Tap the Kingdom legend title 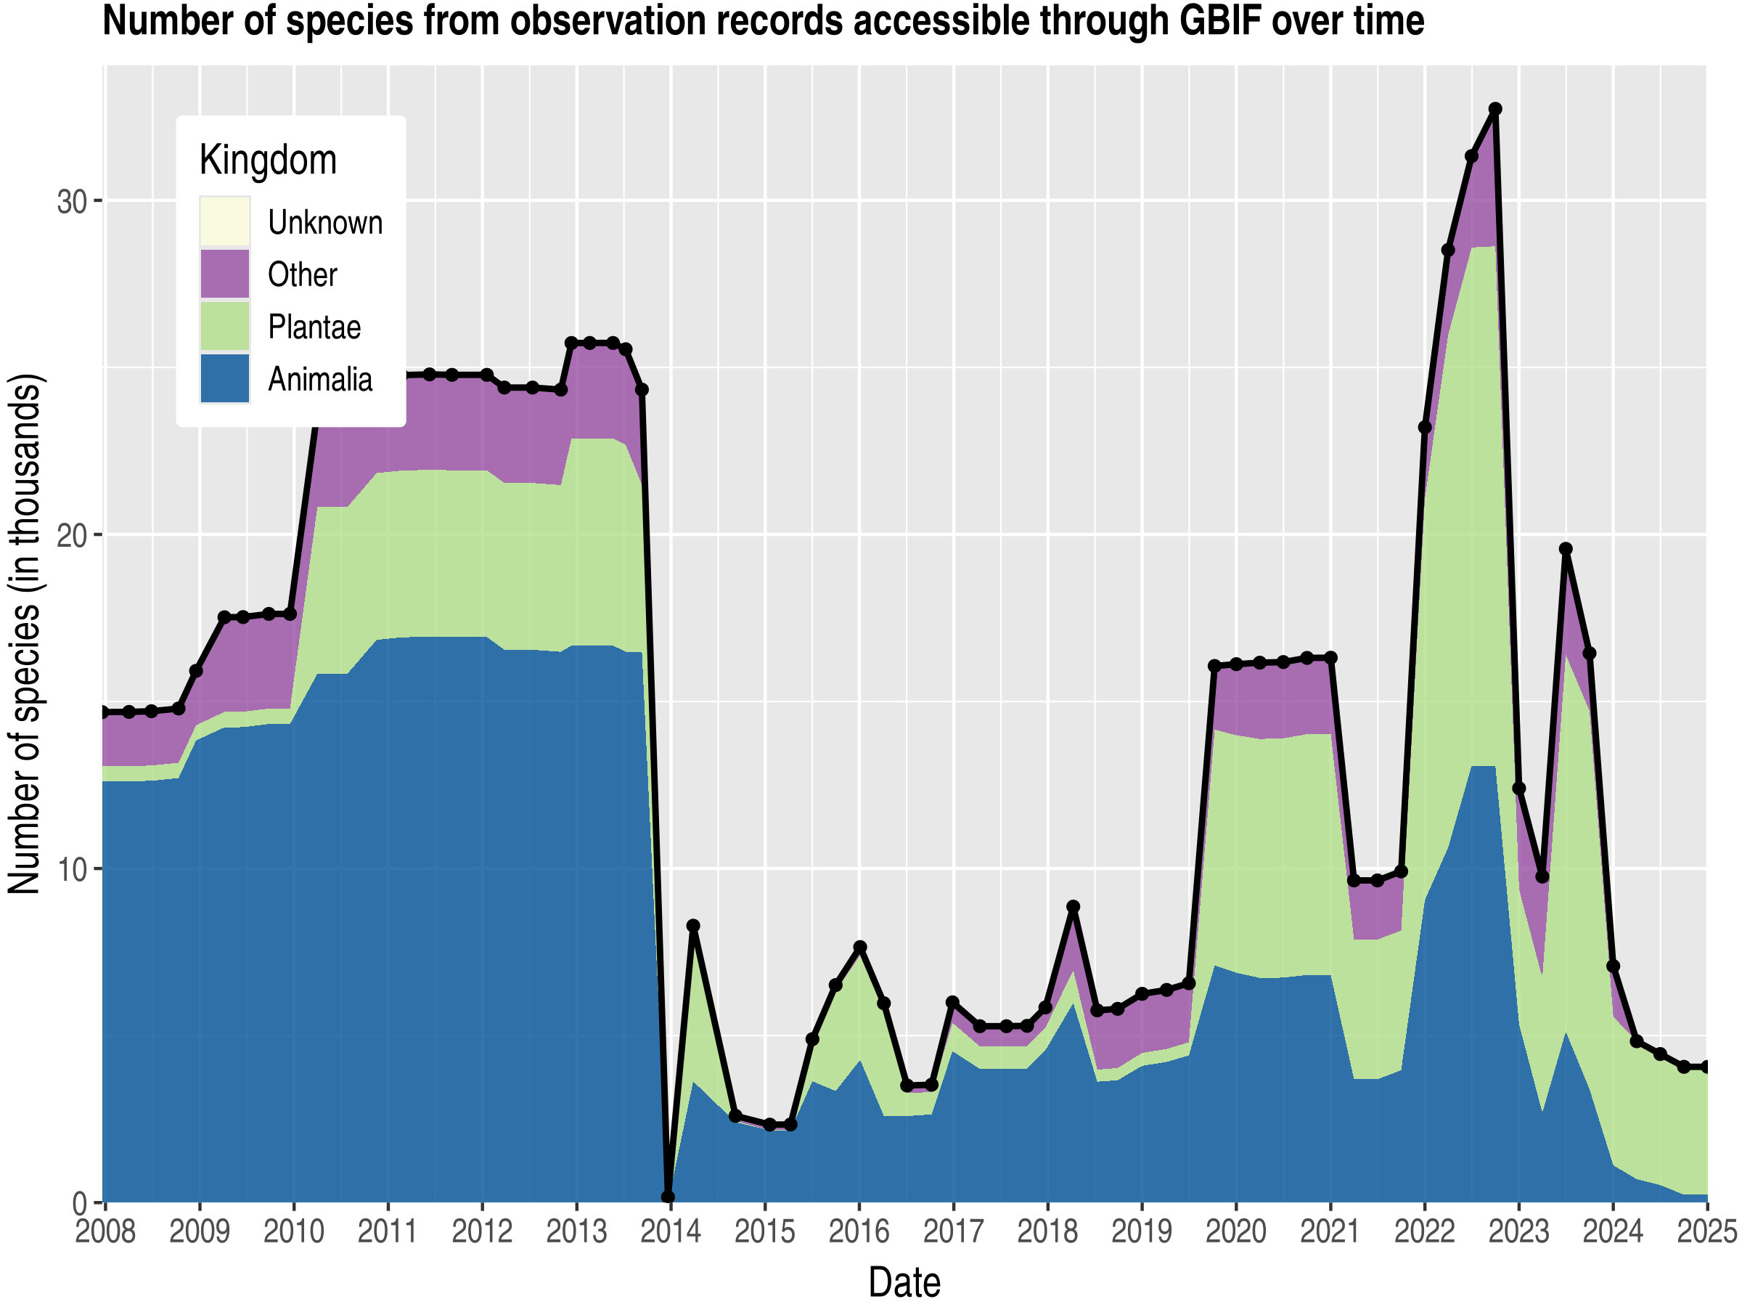[x=268, y=160]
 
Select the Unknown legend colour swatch [x=224, y=221]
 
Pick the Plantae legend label [x=314, y=327]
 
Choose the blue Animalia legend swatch [x=224, y=379]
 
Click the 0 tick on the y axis [x=81, y=1205]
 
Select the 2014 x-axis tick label [x=670, y=1231]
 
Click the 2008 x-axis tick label [x=105, y=1231]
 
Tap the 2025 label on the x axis [x=1707, y=1231]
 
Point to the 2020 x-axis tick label [x=1235, y=1231]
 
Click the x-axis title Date [x=904, y=1282]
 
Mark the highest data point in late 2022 [x=1494, y=109]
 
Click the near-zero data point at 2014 [x=668, y=1197]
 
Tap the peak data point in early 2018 [x=1073, y=907]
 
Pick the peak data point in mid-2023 [x=1566, y=549]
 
